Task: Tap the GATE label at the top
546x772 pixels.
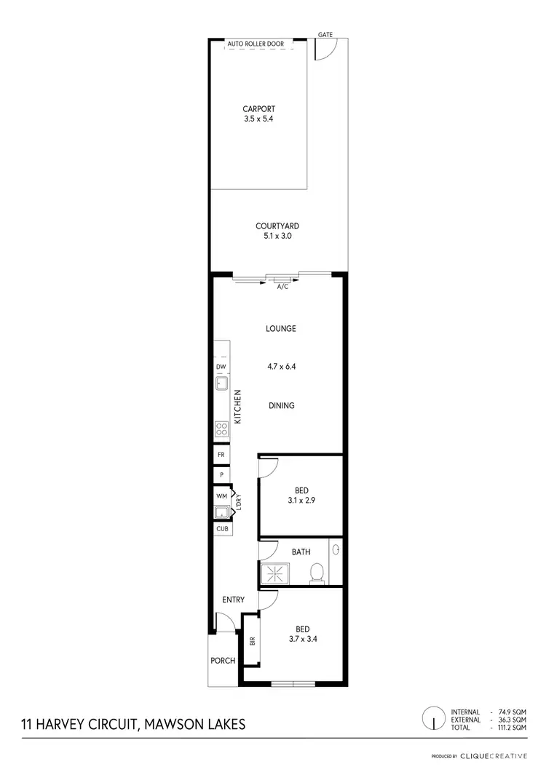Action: pyautogui.click(x=325, y=34)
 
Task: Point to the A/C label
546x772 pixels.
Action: pyautogui.click(x=282, y=287)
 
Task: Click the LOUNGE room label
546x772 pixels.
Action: pyautogui.click(x=281, y=329)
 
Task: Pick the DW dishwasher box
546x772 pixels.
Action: pyautogui.click(x=222, y=367)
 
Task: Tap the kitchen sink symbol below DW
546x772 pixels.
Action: pyautogui.click(x=222, y=383)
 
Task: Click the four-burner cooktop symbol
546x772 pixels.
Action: pyautogui.click(x=222, y=429)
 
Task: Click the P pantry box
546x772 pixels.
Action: pyautogui.click(x=221, y=475)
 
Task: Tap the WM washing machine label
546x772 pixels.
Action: pyautogui.click(x=221, y=496)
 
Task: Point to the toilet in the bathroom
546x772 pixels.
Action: pyautogui.click(x=317, y=573)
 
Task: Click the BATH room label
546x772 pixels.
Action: pyautogui.click(x=301, y=552)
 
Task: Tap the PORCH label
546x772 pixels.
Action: pyautogui.click(x=223, y=661)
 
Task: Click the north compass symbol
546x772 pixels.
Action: pyautogui.click(x=434, y=719)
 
